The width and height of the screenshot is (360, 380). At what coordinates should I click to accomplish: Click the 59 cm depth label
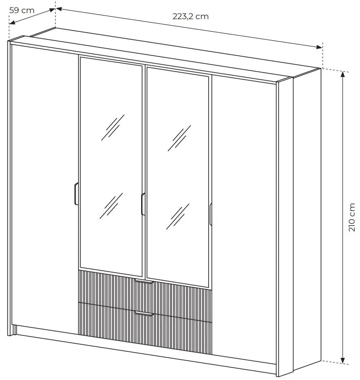pyautogui.click(x=22, y=11)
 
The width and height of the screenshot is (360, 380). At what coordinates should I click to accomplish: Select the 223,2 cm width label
pyautogui.click(x=191, y=17)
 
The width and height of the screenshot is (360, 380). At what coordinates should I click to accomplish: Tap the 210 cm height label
pyautogui.click(x=351, y=217)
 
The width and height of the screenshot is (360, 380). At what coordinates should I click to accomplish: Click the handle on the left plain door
pyautogui.click(x=76, y=194)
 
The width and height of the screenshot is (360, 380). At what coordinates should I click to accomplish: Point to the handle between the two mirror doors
pyautogui.click(x=143, y=204)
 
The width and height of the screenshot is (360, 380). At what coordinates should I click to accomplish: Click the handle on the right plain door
pyautogui.click(x=211, y=214)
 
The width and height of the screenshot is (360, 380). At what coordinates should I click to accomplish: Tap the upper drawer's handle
pyautogui.click(x=144, y=281)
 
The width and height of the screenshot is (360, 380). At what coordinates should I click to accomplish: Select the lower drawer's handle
pyautogui.click(x=144, y=313)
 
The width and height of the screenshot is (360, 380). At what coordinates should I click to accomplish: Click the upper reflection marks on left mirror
pyautogui.click(x=113, y=128)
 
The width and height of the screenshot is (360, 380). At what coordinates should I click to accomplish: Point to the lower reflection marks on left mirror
pyautogui.click(x=111, y=206)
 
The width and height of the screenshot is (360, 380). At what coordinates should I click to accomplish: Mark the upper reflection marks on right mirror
pyautogui.click(x=179, y=138)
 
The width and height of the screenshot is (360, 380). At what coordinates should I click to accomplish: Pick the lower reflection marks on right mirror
pyautogui.click(x=177, y=216)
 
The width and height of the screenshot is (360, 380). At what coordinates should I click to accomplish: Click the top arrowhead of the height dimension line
pyautogui.click(x=342, y=74)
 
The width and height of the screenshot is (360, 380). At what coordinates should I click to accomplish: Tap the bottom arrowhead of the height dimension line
pyautogui.click(x=342, y=361)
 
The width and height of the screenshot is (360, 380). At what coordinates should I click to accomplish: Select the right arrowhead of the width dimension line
pyautogui.click(x=320, y=47)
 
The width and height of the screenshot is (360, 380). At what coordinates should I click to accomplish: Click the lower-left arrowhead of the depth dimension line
pyautogui.click(x=12, y=23)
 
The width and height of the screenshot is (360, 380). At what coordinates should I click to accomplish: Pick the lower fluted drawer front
pyautogui.click(x=145, y=329)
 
